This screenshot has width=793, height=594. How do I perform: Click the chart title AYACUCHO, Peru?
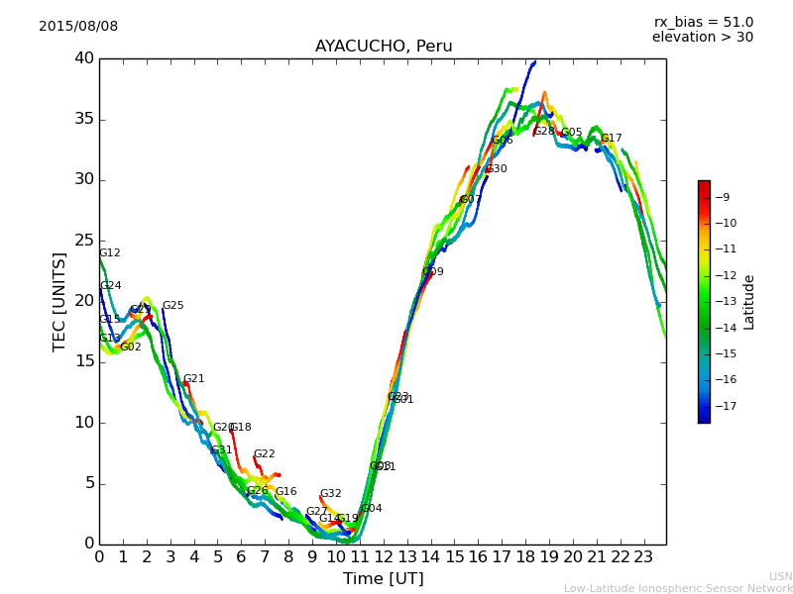[x=384, y=47]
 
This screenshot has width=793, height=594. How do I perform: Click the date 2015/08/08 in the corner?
[x=78, y=27]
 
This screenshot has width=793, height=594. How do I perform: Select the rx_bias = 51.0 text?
[x=703, y=23]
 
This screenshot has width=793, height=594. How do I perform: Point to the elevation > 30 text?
[x=702, y=38]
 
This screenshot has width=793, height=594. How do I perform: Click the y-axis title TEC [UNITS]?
[x=59, y=301]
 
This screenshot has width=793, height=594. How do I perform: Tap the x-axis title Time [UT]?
[x=383, y=579]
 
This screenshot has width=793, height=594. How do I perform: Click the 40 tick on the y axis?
[x=83, y=58]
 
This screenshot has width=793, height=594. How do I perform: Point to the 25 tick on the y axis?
[x=83, y=241]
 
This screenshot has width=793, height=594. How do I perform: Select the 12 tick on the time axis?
[x=384, y=557]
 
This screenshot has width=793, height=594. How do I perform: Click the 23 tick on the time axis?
[x=643, y=557]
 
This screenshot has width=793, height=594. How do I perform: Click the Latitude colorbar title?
[x=749, y=302]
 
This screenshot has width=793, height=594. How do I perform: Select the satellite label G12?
[x=110, y=253]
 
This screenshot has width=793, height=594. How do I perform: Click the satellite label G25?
[x=172, y=306]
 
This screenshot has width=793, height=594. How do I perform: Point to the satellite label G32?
[x=330, y=494]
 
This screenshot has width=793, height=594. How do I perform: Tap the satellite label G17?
[x=612, y=139]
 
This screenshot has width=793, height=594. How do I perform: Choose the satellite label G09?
[x=433, y=272]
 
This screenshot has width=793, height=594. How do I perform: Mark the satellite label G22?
[x=265, y=454]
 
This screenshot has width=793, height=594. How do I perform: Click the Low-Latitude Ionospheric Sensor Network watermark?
[x=678, y=589]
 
